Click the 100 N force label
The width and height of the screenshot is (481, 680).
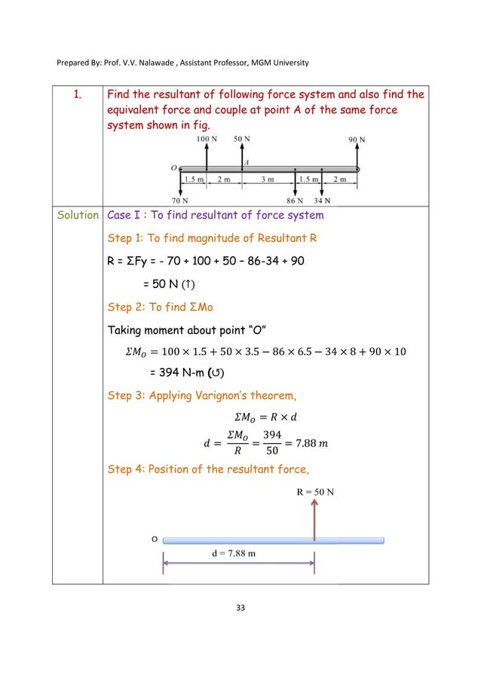tap(207, 140)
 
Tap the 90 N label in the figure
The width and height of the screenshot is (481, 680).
tap(357, 140)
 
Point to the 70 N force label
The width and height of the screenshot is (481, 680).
tap(179, 201)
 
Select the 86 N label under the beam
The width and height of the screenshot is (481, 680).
tap(295, 201)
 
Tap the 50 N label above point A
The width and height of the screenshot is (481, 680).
tap(242, 140)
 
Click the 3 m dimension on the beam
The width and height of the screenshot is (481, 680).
tap(267, 179)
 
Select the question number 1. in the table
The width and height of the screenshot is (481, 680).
tap(77, 95)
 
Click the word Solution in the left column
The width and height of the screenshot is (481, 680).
tap(77, 216)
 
